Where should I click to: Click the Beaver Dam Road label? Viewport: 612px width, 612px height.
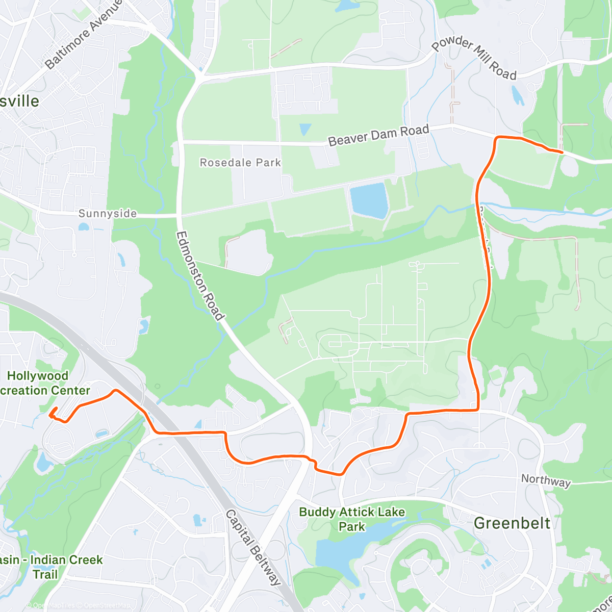[x=378, y=135]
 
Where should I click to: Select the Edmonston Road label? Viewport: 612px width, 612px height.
[x=200, y=275]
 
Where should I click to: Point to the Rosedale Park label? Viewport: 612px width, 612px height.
[x=240, y=163]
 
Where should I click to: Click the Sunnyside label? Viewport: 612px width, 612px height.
[x=108, y=214]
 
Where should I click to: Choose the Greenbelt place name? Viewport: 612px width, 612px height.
[x=512, y=523]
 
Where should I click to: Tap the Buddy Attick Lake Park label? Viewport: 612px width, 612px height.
[x=352, y=519]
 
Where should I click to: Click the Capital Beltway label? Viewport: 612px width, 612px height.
[x=253, y=547]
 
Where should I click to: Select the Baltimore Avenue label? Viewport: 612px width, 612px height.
[x=84, y=34]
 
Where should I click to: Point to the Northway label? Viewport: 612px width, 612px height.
[x=546, y=480]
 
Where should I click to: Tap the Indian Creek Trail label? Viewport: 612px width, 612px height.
[x=51, y=567]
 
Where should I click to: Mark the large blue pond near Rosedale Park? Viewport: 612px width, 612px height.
[x=368, y=200]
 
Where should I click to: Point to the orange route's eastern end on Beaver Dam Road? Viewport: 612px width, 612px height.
[x=562, y=152]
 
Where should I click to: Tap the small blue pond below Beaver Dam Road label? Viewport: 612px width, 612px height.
[x=305, y=129]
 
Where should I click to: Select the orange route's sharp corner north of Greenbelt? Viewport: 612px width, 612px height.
[x=477, y=409]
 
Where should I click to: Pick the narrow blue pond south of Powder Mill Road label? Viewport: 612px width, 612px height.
[x=517, y=95]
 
